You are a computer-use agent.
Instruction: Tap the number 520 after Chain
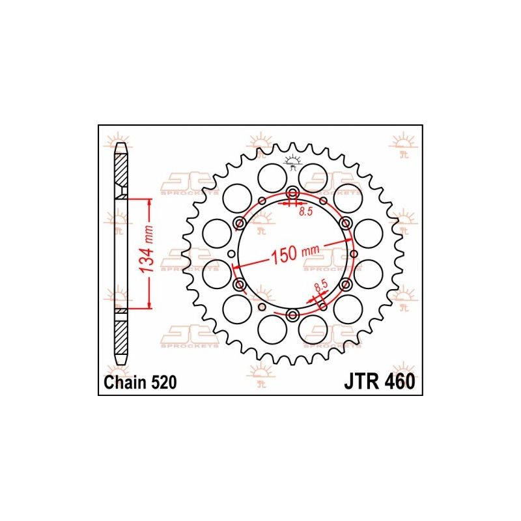tap(162, 383)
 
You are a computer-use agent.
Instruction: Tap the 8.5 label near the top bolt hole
tap(305, 212)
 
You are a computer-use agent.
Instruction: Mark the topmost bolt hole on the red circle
tap(292, 193)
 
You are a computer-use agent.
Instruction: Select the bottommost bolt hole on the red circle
tap(292, 315)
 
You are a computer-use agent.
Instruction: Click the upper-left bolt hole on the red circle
tap(240, 224)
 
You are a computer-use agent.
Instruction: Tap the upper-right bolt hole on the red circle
tap(345, 224)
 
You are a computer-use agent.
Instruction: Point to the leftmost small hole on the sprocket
tap(231, 254)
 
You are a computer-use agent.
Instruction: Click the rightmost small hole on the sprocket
tap(354, 254)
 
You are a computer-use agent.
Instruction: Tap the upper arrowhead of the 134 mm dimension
tap(150, 204)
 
